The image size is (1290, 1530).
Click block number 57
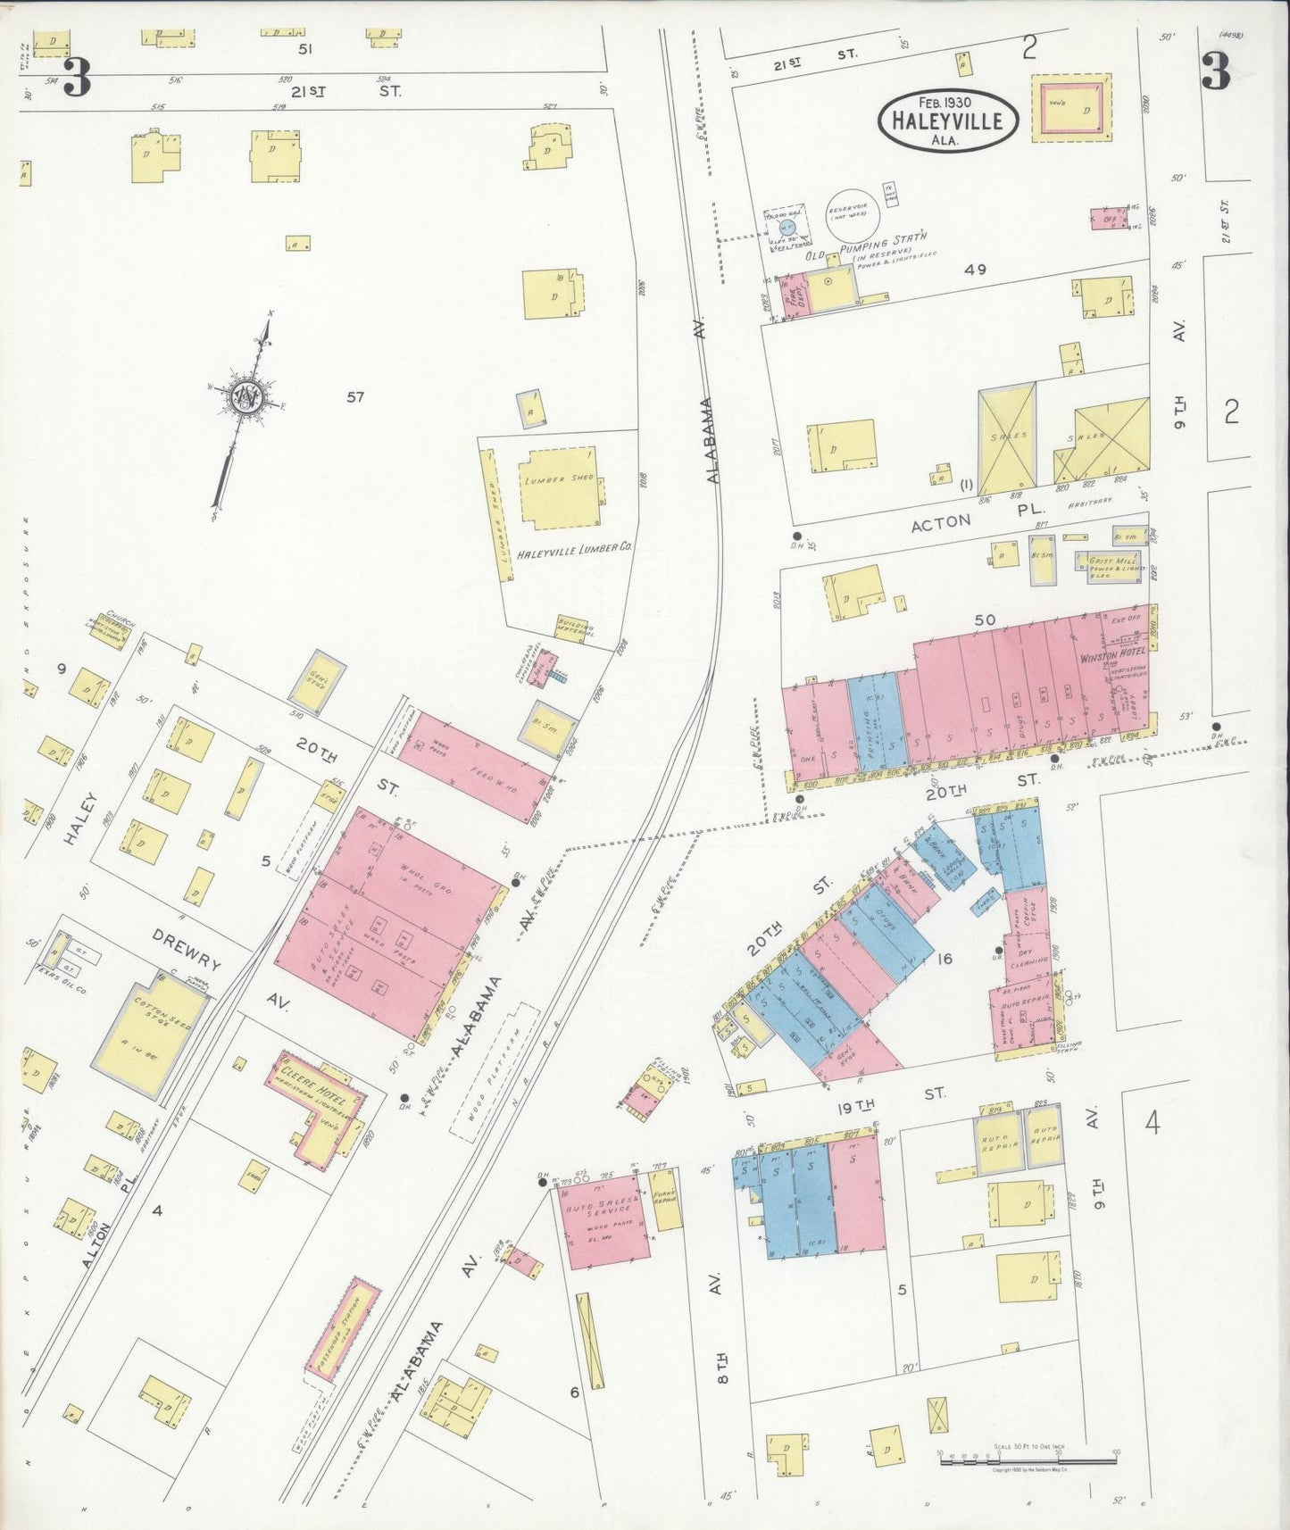[355, 397]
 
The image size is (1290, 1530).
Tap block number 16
[945, 960]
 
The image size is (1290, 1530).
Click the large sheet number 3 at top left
[76, 77]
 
